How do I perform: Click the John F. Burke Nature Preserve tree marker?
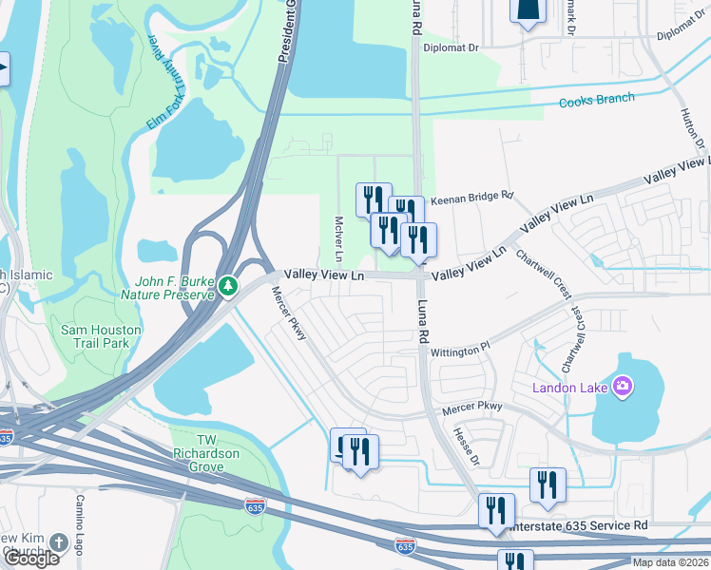coord(228,286)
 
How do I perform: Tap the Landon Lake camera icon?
coord(623,386)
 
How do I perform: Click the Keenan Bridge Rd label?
coord(471,199)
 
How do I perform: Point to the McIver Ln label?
coord(338,239)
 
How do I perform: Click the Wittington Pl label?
coord(459,349)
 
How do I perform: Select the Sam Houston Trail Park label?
coord(101,336)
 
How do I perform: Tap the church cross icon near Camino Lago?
coord(58,542)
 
